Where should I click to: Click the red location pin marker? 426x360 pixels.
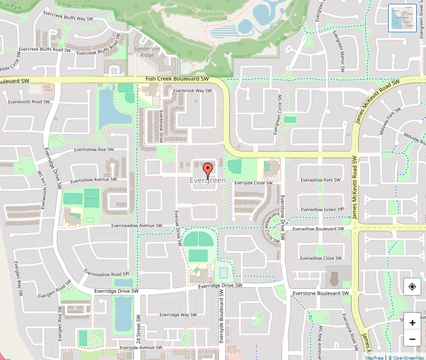coord(208,170)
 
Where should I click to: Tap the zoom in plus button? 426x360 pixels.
coord(412,323)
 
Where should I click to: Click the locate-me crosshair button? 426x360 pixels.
coord(412,287)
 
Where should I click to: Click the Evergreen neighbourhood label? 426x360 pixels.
coord(208,181)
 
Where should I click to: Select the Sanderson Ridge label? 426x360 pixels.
coord(147,52)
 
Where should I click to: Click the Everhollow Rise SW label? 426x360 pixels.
coord(94,149)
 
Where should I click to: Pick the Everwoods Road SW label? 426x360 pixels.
coord(29,101)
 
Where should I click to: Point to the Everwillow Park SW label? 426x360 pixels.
coord(320,180)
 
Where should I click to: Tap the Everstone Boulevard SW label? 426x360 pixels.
coord(321,293)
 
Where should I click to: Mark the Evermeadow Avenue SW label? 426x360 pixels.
coord(137,225)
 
